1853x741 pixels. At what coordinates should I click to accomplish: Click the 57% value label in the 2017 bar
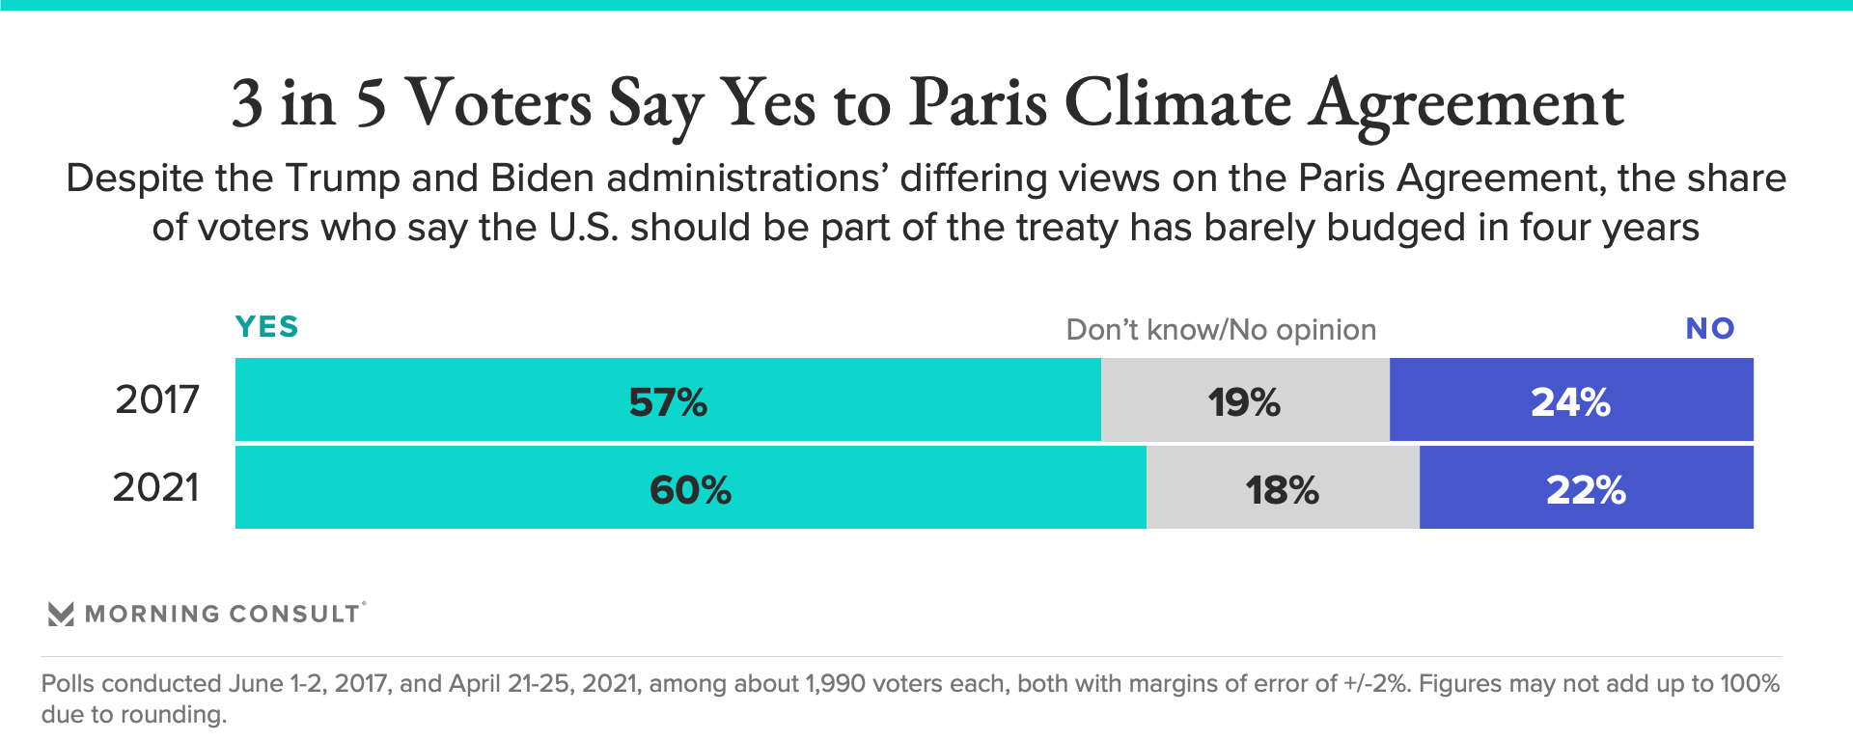tap(668, 402)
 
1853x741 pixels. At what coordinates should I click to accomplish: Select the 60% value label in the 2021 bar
tap(690, 490)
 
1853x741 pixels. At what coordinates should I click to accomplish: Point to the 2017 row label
tap(157, 399)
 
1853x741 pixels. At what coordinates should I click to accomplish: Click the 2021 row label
tap(156, 487)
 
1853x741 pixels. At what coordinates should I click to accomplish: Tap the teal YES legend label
tap(267, 327)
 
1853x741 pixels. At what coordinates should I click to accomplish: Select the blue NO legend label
tap(1710, 329)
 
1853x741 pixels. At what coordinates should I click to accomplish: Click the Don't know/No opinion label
tap(1221, 330)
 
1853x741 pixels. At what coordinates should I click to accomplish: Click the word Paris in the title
tap(978, 102)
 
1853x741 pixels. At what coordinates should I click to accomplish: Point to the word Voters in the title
tap(498, 102)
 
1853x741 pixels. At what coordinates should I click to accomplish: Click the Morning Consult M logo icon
tap(61, 615)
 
